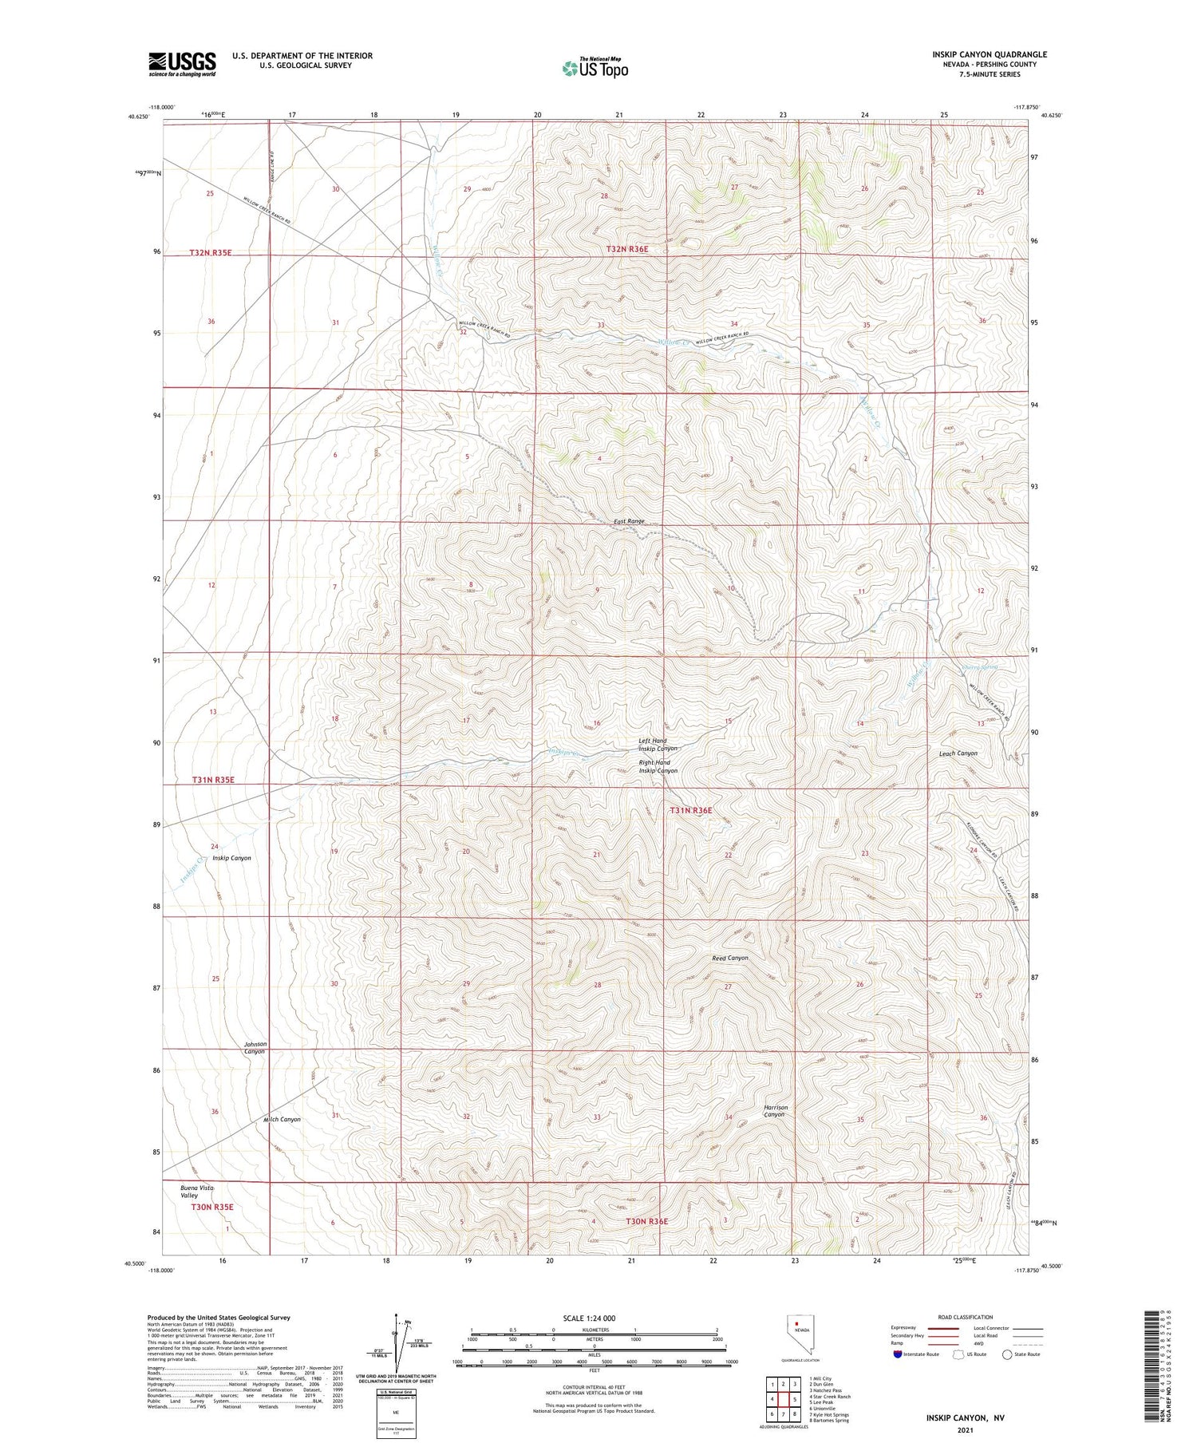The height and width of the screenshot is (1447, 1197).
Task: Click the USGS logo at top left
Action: [182, 64]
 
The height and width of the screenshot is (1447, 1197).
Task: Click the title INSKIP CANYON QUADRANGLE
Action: [989, 54]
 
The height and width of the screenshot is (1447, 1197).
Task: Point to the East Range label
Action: [629, 521]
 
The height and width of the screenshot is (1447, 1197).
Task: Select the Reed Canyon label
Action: [729, 958]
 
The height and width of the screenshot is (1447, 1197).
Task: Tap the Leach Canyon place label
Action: [958, 753]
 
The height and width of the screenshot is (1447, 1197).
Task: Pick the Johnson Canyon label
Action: [255, 1048]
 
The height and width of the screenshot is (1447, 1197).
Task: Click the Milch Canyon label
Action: [282, 1119]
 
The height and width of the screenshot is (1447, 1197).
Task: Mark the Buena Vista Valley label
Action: [197, 1192]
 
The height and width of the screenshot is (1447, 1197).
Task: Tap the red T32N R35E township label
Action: [210, 252]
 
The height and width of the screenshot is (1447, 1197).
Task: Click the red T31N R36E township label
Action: [690, 810]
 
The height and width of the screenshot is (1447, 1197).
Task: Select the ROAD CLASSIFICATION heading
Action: [965, 1317]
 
